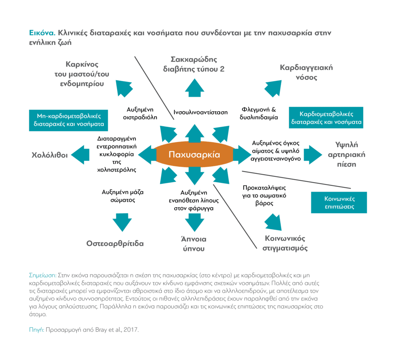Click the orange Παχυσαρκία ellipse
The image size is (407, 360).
click(x=194, y=155)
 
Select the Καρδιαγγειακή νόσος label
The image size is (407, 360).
click(x=306, y=72)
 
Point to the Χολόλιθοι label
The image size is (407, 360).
click(x=50, y=155)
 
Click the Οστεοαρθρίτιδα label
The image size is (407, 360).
click(x=115, y=243)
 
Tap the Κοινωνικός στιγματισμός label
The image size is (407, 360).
click(x=285, y=243)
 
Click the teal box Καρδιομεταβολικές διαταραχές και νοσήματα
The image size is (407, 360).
click(x=326, y=117)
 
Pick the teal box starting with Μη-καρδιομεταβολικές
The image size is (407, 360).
click(x=69, y=120)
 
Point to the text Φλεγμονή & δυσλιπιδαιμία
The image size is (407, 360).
click(x=260, y=113)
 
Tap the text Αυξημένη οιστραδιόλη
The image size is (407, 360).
click(x=142, y=113)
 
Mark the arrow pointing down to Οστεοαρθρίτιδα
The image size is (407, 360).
click(x=122, y=222)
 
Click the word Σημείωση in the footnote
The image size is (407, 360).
click(x=43, y=275)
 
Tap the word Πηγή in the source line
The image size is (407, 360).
click(x=37, y=330)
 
